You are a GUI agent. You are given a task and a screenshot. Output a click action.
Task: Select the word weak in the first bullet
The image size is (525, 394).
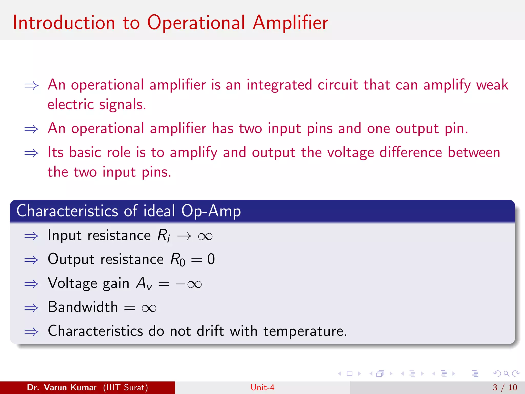[x=492, y=85]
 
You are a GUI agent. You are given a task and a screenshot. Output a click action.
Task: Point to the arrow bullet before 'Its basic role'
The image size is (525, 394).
[x=31, y=153]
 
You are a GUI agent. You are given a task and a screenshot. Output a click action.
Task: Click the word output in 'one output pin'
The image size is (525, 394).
[x=417, y=129]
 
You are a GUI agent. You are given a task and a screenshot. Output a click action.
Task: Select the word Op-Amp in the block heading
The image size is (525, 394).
[x=211, y=211]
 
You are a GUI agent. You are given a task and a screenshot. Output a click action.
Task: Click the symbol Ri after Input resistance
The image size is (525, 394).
[x=164, y=235]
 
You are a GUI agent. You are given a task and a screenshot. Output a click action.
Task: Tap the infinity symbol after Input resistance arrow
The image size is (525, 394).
[x=205, y=236]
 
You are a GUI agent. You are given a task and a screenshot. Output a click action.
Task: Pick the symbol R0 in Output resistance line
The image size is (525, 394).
[x=178, y=260]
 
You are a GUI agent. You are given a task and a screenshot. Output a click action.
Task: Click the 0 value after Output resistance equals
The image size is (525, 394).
[x=211, y=259]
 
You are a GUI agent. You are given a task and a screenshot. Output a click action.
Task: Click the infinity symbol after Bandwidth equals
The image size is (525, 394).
[x=149, y=308]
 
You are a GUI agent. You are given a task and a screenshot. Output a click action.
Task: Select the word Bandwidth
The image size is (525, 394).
[x=83, y=307]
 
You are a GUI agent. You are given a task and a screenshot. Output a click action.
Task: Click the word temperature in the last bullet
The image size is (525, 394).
[x=305, y=331]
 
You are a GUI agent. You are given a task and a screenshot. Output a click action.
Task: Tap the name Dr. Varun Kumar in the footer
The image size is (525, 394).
[x=62, y=387]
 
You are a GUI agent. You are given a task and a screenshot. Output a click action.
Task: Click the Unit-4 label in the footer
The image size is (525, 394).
[x=262, y=387]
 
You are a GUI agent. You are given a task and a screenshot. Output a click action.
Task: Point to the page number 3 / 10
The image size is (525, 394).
[x=505, y=387]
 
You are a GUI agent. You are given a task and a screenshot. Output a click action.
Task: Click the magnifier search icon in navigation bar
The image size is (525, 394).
[x=506, y=373]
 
